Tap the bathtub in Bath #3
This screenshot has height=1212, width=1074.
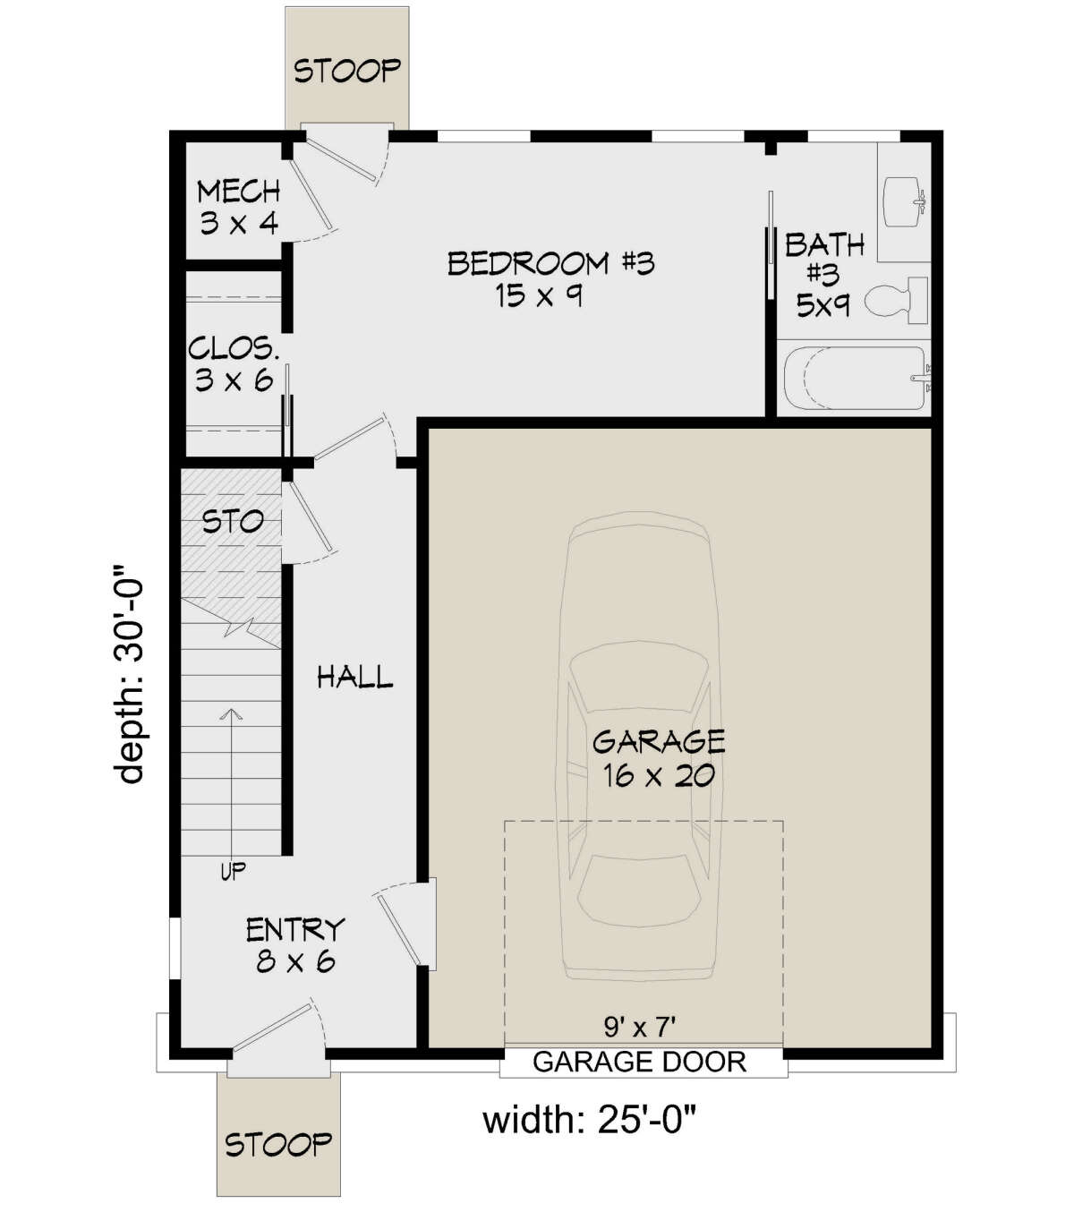857,379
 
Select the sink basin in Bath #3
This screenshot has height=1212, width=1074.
903,201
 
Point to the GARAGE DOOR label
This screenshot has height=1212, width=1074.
639,1063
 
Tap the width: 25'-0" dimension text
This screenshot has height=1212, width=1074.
589,1120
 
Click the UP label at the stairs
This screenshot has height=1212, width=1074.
233,872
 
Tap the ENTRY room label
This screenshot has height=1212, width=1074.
295,930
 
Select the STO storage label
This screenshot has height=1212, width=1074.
233,522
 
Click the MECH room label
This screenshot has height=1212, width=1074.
239,192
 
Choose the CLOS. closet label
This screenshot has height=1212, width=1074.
234,348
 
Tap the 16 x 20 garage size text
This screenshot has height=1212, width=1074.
658,776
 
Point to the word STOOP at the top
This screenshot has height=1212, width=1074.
347,71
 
